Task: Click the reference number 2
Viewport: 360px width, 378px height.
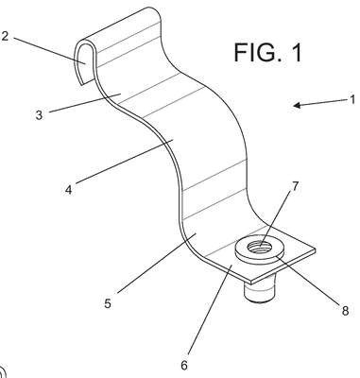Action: tap(4, 36)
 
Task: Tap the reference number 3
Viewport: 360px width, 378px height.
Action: tap(39, 115)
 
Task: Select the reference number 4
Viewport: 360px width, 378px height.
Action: tap(68, 190)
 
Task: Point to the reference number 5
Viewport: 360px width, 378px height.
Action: tap(108, 303)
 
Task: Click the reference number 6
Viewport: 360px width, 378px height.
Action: tap(184, 366)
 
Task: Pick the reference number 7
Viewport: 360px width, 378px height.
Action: tap(295, 186)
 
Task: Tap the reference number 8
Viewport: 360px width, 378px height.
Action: tap(345, 311)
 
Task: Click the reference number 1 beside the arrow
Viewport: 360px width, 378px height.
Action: tap(352, 99)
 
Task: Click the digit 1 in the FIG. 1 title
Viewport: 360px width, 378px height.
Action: tap(297, 52)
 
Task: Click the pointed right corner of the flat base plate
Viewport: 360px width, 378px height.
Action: tap(316, 250)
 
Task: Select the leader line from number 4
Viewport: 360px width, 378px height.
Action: tap(125, 161)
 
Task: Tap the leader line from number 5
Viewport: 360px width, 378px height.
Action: tap(157, 263)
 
